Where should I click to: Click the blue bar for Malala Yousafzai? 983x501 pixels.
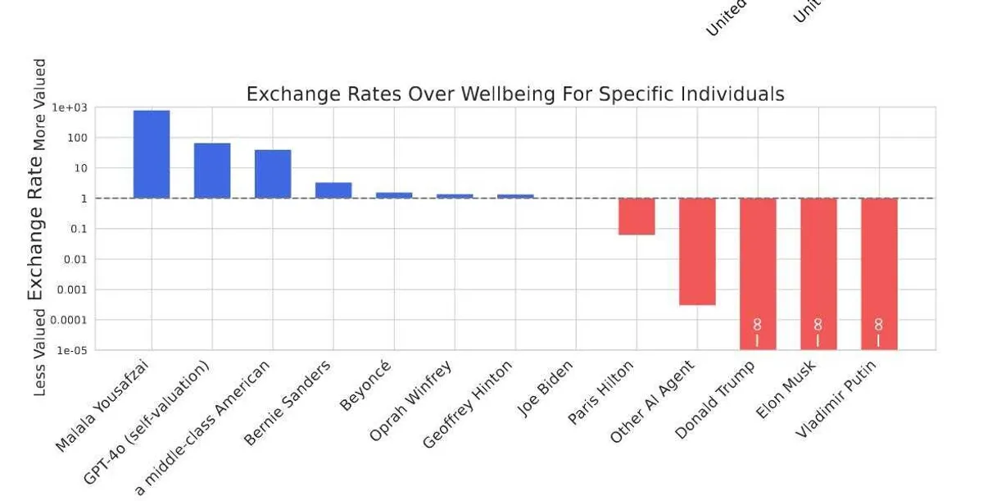(152, 154)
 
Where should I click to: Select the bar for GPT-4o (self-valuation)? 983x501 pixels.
(212, 171)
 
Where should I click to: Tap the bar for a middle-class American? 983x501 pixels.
(273, 174)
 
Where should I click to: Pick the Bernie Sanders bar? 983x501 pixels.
(333, 190)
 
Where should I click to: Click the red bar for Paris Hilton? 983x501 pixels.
(636, 216)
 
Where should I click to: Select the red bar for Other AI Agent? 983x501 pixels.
(697, 251)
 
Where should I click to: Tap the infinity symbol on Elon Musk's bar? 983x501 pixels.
(818, 325)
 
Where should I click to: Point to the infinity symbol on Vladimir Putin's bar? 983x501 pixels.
(878, 325)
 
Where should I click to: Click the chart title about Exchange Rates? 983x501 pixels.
(514, 94)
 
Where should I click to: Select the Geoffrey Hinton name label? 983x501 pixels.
(467, 404)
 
